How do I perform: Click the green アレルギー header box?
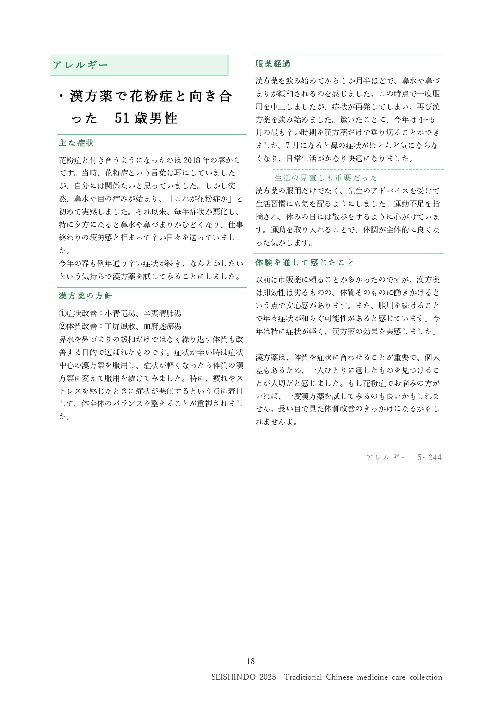[139, 65]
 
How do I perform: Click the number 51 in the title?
[122, 118]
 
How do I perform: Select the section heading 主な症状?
[76, 143]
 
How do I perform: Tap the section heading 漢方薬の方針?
[86, 296]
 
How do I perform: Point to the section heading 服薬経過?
[273, 64]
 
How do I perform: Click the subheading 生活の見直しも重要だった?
[325, 178]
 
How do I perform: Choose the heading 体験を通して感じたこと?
[305, 263]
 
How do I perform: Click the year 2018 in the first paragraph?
[193, 160]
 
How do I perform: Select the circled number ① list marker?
[62, 314]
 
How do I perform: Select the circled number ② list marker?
[62, 326]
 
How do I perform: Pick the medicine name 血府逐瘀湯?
[162, 326]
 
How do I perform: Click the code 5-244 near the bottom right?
[429, 457]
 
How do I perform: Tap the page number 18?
[251, 661]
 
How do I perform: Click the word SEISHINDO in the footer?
[233, 677]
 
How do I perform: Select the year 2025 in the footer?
[268, 677]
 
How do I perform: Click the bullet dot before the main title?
[61, 96]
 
